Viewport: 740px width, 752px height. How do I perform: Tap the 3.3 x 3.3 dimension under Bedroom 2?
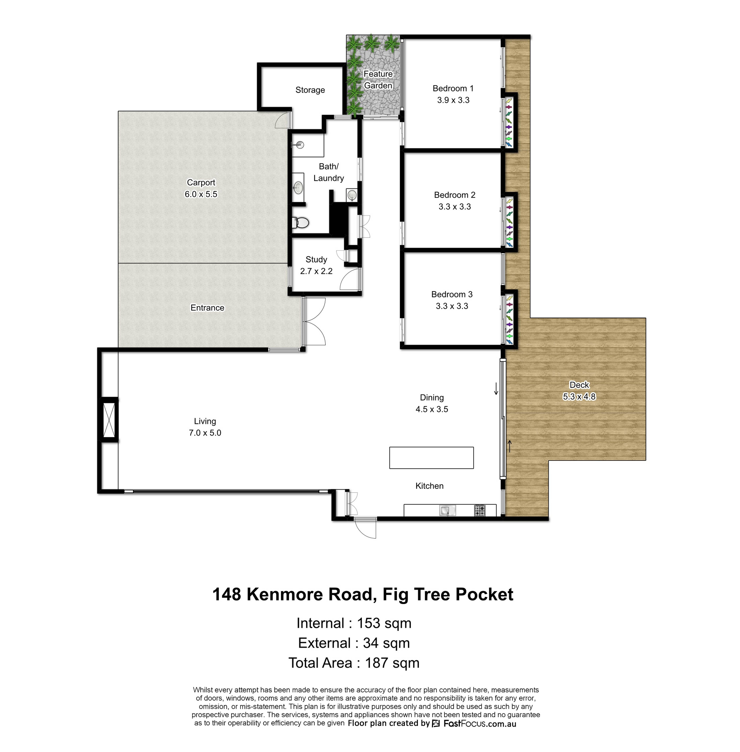coord(455,207)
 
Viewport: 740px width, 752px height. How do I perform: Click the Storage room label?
coord(310,90)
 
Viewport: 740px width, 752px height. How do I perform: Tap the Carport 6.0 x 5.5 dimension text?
coord(201,194)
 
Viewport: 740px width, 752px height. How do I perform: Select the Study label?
coord(316,260)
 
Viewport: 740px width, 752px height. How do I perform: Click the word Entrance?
coord(207,308)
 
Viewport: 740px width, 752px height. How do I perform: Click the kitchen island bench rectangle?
coord(431,458)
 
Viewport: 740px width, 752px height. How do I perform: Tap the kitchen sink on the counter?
coord(447,510)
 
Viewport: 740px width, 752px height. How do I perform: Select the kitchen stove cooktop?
coord(480,510)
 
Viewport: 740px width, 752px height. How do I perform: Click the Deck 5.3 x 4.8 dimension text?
coord(579,397)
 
